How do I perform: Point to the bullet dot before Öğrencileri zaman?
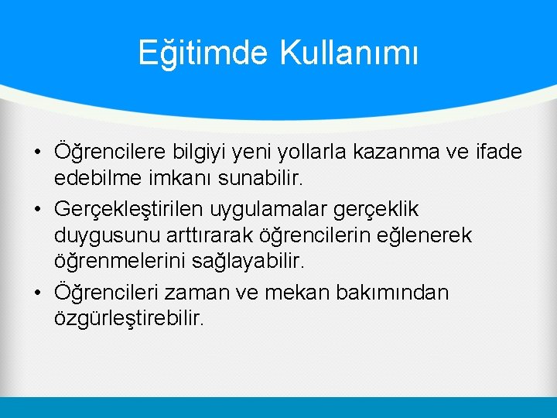[37, 294]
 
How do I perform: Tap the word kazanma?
[403, 151]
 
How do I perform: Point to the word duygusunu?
[101, 235]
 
